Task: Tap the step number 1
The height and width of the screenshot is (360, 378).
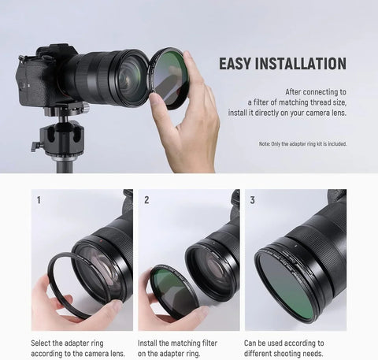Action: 38,200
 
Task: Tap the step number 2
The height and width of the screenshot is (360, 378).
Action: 146,200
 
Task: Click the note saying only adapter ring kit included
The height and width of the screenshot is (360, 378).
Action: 302,144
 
